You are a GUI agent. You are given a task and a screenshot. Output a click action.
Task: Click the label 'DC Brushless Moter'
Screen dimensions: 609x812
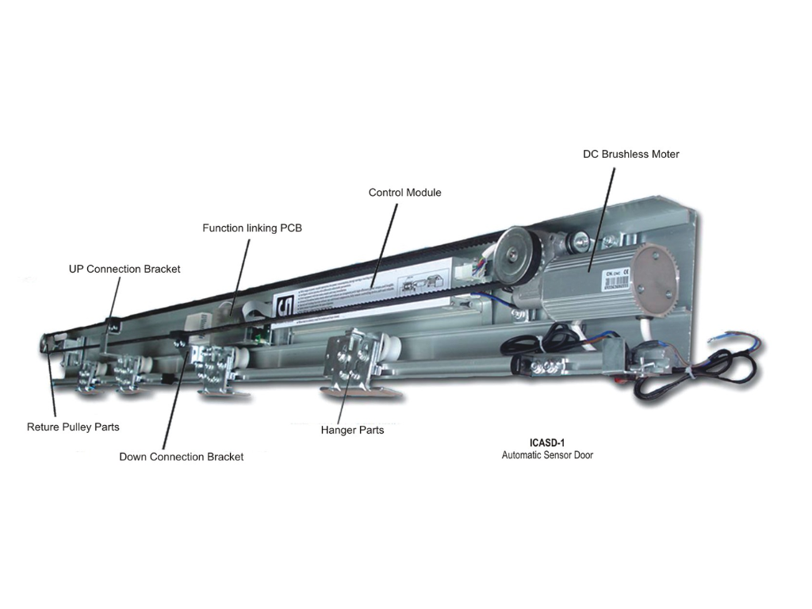(x=630, y=154)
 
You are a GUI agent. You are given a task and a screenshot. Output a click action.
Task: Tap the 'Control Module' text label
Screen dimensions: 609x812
(x=404, y=193)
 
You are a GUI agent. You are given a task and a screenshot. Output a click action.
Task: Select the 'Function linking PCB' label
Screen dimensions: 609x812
(x=252, y=228)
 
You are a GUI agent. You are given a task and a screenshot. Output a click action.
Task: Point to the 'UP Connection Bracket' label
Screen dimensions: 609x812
(x=124, y=269)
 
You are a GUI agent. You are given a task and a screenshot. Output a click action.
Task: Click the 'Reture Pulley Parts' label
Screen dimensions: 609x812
(x=73, y=427)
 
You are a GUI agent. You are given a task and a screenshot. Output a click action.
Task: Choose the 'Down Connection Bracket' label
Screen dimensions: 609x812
(x=181, y=457)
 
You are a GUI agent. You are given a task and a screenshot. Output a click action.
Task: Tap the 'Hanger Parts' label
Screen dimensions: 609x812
(x=352, y=430)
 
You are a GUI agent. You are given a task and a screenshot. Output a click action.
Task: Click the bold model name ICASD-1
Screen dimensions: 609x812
(x=546, y=443)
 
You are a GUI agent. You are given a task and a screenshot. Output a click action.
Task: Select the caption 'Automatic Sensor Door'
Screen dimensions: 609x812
(x=547, y=455)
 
